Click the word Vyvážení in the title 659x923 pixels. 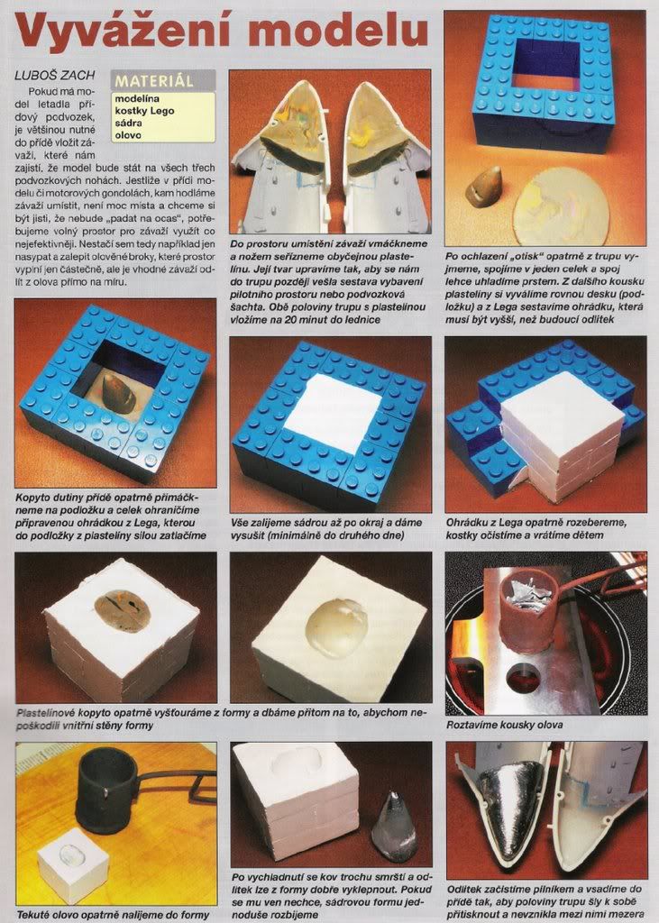(x=118, y=32)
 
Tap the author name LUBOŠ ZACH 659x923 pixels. (x=55, y=76)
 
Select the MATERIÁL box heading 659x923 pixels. (x=154, y=80)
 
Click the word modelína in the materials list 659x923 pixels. (x=137, y=99)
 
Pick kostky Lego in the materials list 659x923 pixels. (x=144, y=111)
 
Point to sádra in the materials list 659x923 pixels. (x=128, y=123)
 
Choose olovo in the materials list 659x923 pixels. (x=128, y=135)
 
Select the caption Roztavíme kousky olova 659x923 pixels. (x=504, y=726)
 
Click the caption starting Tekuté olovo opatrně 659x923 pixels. (x=113, y=915)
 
